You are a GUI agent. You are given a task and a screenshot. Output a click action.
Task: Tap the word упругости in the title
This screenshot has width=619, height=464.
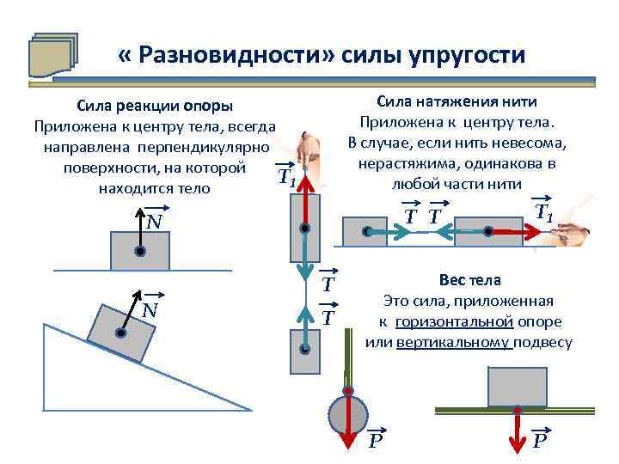click(x=462, y=56)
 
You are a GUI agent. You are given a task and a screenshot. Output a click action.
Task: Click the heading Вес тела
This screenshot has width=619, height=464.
click(x=469, y=281)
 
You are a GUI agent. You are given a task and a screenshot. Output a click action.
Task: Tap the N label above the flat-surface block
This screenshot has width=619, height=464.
click(x=154, y=223)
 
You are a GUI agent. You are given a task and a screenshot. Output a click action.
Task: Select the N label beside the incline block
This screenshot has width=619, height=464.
click(x=150, y=308)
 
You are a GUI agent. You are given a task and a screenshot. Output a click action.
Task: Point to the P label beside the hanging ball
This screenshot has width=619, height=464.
click(x=376, y=442)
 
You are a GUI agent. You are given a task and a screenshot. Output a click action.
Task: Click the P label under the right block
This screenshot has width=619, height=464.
click(x=539, y=442)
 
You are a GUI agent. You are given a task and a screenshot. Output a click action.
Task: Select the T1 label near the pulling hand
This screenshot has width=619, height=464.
click(x=543, y=211)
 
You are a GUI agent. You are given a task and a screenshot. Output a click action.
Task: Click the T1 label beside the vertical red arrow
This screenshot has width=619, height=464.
click(x=286, y=179)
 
